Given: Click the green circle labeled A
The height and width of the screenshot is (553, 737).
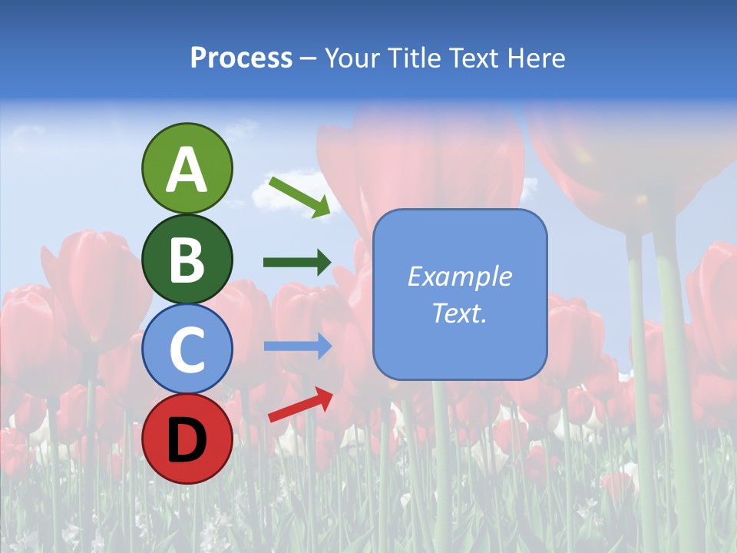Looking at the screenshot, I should click(187, 168).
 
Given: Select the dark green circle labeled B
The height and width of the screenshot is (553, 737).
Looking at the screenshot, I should click(187, 259).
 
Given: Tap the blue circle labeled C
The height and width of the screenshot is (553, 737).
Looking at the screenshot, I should click(187, 349).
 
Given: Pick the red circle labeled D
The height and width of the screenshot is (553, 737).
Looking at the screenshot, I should click(187, 439).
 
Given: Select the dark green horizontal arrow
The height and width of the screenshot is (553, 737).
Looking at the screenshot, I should click(297, 263).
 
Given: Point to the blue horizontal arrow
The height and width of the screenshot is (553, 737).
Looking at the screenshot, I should click(297, 346).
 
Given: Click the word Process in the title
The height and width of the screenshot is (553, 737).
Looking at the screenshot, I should click(241, 58).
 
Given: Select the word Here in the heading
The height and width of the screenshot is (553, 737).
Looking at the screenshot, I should click(535, 58).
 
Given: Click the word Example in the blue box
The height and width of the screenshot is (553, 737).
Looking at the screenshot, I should click(460, 276).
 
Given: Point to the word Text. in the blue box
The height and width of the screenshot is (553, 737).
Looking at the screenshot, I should click(460, 313).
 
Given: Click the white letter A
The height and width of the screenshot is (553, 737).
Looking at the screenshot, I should click(187, 170).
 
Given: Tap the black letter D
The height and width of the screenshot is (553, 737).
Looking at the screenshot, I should click(187, 439).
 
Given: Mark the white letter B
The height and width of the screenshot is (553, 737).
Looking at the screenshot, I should click(187, 260).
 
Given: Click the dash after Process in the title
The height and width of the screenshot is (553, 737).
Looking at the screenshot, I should click(309, 59).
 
